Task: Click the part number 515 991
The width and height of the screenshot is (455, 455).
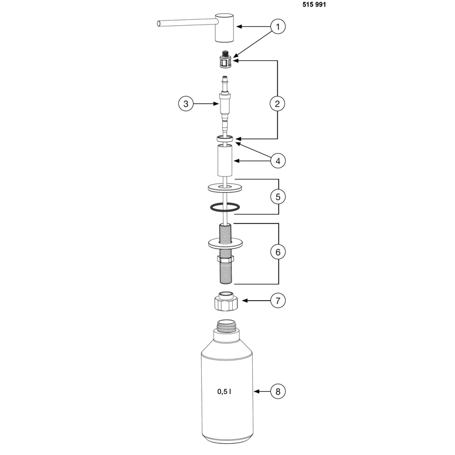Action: [x=314, y=5]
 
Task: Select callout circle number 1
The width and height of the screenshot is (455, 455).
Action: [x=278, y=27]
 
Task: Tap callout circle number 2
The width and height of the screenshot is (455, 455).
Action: [x=277, y=104]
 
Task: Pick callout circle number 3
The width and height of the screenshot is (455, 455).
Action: [x=186, y=104]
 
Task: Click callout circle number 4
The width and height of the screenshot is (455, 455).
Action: [x=278, y=161]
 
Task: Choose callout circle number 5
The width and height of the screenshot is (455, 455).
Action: [x=278, y=197]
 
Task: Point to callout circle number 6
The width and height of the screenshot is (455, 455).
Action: [x=278, y=252]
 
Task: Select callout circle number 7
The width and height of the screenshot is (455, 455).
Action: [x=278, y=301]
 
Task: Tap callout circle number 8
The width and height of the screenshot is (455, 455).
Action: [x=278, y=392]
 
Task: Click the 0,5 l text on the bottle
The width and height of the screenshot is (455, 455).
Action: [x=225, y=392]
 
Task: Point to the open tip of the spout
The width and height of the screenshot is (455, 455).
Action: [x=158, y=23]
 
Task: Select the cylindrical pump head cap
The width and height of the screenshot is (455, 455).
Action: [x=225, y=28]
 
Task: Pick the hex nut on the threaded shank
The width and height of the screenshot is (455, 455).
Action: [x=226, y=258]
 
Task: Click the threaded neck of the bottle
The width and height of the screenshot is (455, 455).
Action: [x=227, y=326]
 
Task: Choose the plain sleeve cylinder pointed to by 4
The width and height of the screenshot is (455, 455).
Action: [x=225, y=161]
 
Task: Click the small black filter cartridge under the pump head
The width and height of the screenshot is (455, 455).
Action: [x=225, y=60]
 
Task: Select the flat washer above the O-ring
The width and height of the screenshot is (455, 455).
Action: [x=225, y=188]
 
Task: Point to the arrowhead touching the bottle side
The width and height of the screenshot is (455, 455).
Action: [x=256, y=392]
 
